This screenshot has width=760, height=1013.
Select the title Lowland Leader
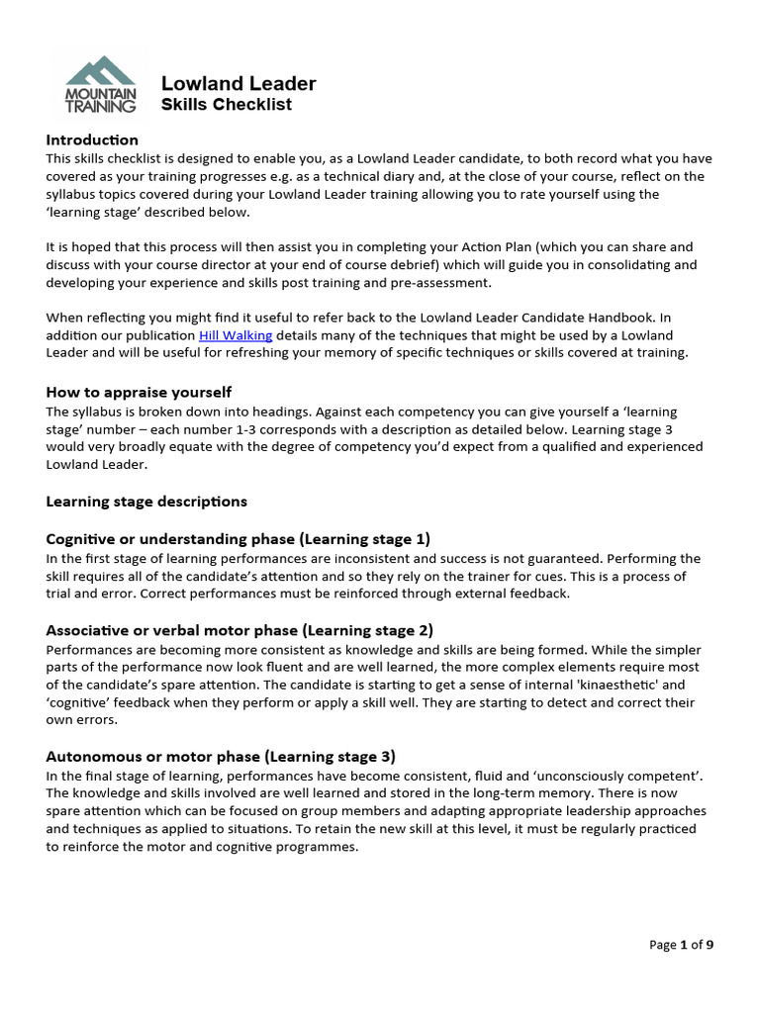click(x=238, y=83)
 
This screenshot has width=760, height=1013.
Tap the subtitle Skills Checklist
click(x=226, y=105)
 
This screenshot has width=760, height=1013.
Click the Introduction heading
click(x=92, y=139)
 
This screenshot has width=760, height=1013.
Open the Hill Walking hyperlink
click(x=235, y=335)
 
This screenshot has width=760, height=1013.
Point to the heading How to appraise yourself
click(x=139, y=392)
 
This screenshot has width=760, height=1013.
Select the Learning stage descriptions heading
click(x=146, y=501)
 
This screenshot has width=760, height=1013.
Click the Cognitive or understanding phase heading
click(x=237, y=539)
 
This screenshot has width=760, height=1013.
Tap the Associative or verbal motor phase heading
click(x=239, y=630)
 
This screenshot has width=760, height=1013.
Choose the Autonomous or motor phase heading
click(x=221, y=756)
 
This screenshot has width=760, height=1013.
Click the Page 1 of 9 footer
click(x=681, y=945)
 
